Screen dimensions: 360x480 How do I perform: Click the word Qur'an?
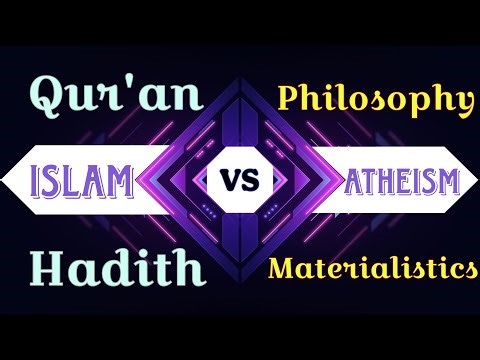[x=117, y=98]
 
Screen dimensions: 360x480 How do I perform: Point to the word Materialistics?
[x=372, y=268]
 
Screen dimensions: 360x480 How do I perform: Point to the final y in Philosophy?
[x=461, y=103]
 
